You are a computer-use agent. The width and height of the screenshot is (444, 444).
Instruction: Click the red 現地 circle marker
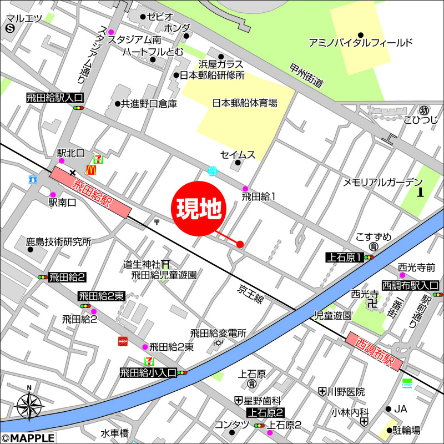coord(200,209)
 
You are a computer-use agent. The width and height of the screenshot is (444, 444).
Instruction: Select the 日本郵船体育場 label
coord(245,103)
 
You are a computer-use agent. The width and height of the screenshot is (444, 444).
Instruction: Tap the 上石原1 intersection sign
coord(344,257)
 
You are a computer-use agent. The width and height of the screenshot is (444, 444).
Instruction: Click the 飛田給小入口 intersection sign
coord(148,372)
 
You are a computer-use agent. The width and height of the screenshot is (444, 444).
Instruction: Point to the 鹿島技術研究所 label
coord(58,242)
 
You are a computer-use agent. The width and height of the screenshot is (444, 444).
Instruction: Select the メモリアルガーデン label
coord(382,182)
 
